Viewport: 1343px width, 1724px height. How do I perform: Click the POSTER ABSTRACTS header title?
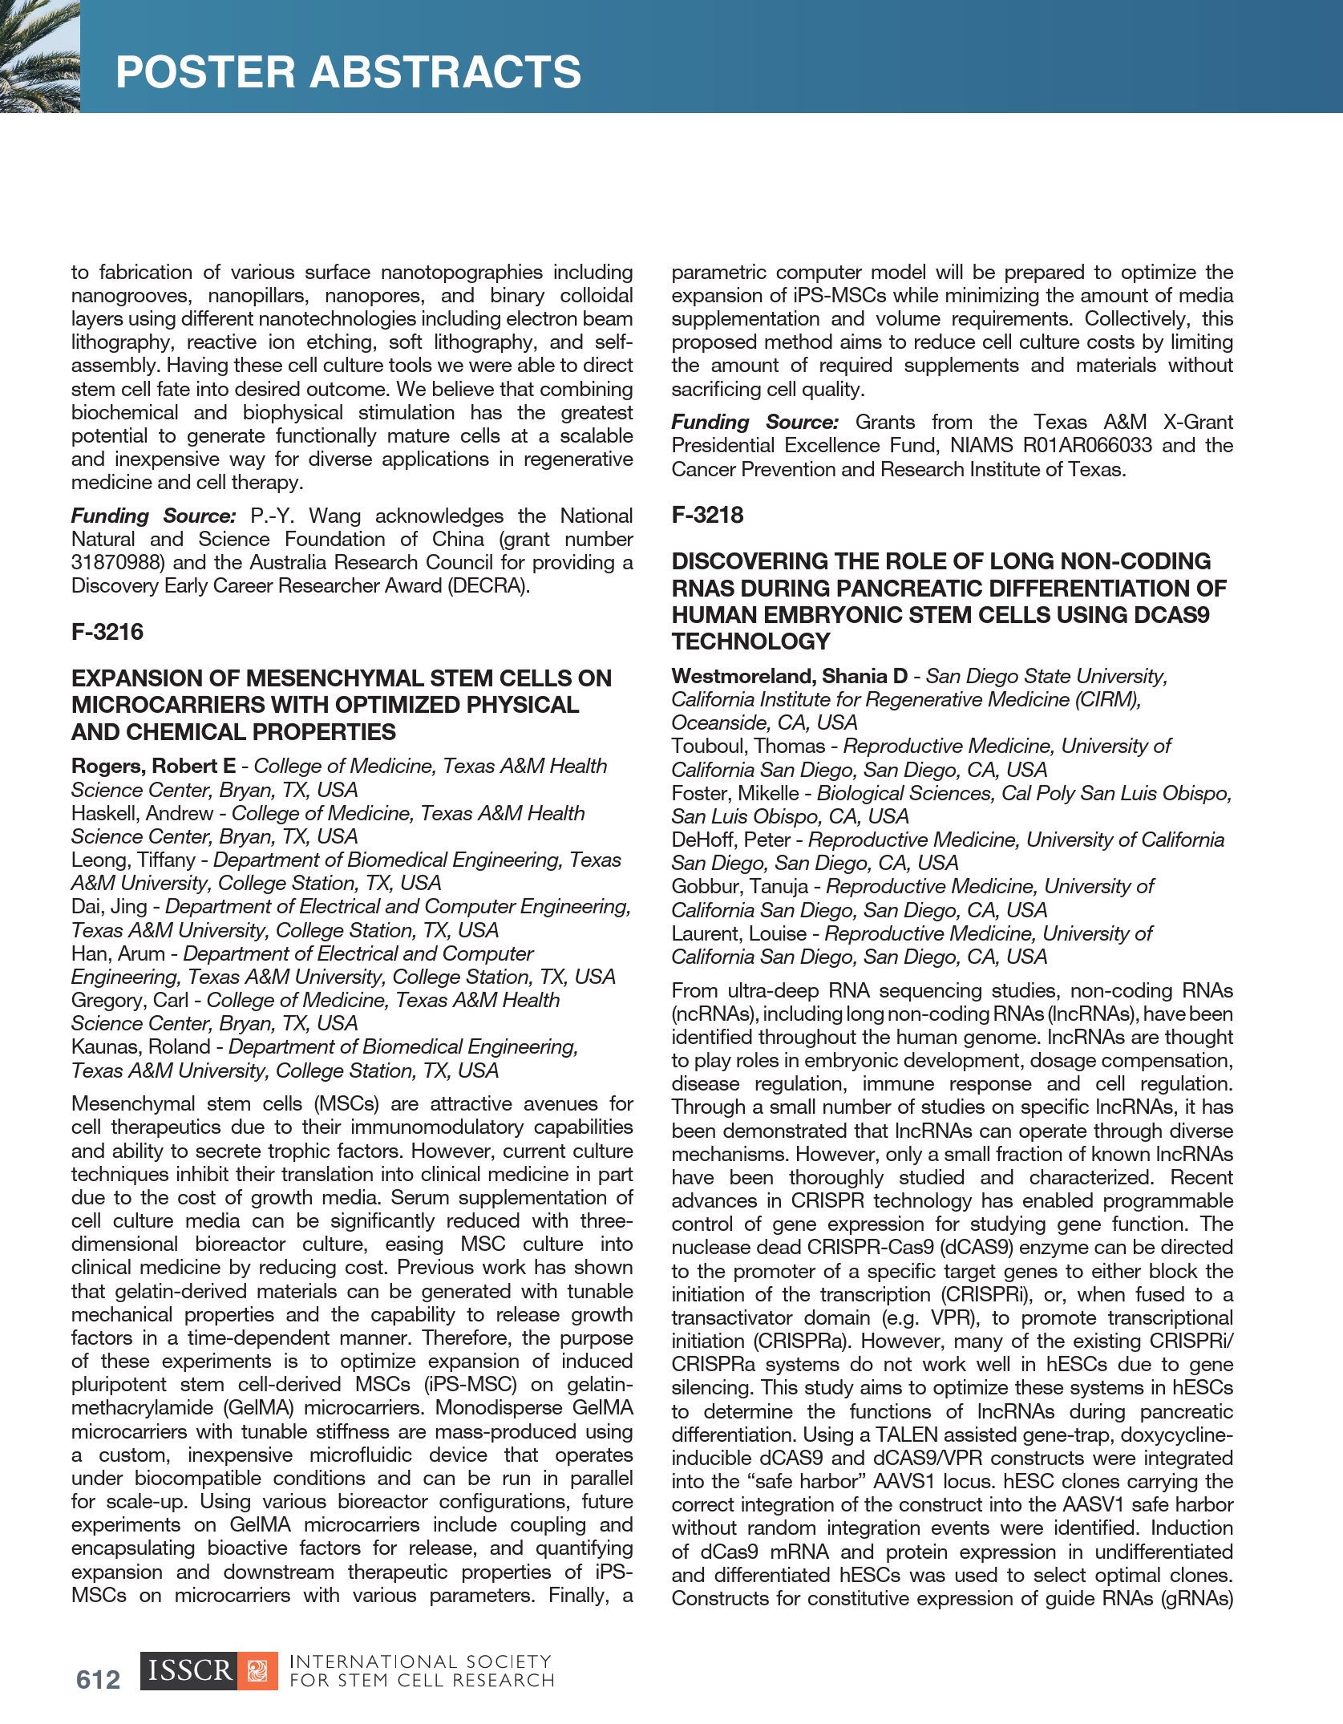click(348, 71)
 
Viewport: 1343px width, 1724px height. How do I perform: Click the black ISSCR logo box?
click(189, 1671)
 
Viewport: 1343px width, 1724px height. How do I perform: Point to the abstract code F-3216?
click(107, 632)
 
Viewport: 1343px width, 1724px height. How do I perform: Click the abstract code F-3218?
click(707, 515)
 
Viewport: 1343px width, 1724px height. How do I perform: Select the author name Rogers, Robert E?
click(153, 766)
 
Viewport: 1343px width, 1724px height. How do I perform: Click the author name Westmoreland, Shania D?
click(789, 676)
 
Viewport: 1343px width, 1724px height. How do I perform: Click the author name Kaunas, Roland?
click(140, 1046)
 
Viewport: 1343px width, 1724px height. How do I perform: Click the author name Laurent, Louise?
click(738, 933)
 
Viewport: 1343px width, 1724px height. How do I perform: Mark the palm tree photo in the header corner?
click(39, 55)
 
